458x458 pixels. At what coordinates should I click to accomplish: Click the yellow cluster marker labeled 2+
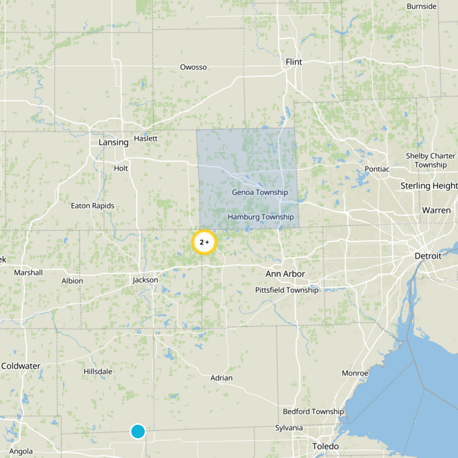tap(204, 243)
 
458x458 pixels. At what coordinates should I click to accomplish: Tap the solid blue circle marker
tap(137, 431)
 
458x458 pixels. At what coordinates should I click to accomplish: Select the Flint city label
tap(294, 62)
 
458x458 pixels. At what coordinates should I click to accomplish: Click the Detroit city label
tap(428, 256)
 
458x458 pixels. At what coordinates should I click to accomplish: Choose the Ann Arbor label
tap(285, 274)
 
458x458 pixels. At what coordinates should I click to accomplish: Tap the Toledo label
tap(325, 447)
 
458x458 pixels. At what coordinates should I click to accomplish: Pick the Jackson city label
tap(145, 280)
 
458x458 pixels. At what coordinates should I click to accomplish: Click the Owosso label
tap(193, 67)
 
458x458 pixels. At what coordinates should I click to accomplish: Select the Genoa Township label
tap(260, 192)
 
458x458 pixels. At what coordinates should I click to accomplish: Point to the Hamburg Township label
tap(260, 217)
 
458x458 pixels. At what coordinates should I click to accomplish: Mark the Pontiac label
tap(377, 169)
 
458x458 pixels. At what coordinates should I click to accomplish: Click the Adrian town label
tap(222, 378)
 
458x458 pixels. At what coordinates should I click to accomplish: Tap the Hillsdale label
tap(98, 372)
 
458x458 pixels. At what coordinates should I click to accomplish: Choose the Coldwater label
tap(21, 366)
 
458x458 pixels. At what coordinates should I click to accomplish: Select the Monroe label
tap(355, 373)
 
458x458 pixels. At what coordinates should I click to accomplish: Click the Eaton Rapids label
tap(92, 206)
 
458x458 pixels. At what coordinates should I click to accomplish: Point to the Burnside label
tap(421, 6)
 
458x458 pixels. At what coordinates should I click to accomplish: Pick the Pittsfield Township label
tap(286, 290)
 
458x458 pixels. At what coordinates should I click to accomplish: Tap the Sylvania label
tap(289, 428)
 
